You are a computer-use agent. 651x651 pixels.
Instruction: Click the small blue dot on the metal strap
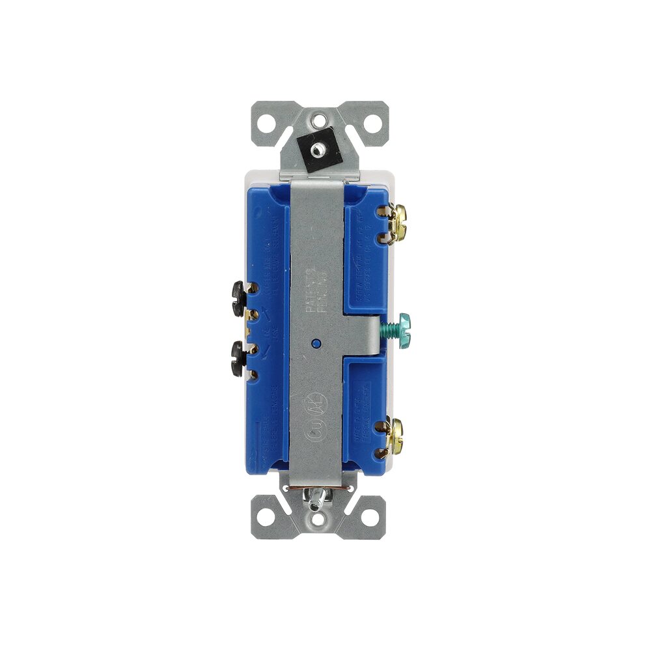tap(316, 342)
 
